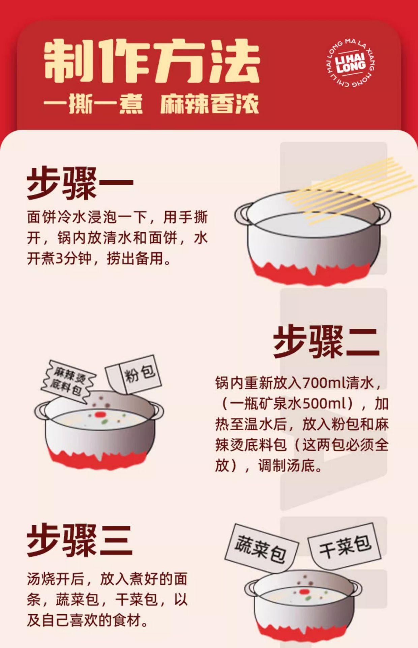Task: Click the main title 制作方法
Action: pos(152,61)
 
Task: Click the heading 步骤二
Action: pos(326,342)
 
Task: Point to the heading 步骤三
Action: pos(80,540)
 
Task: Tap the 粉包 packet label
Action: pos(134,374)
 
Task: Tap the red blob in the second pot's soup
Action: pos(99,414)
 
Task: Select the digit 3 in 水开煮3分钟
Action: pos(59,259)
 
